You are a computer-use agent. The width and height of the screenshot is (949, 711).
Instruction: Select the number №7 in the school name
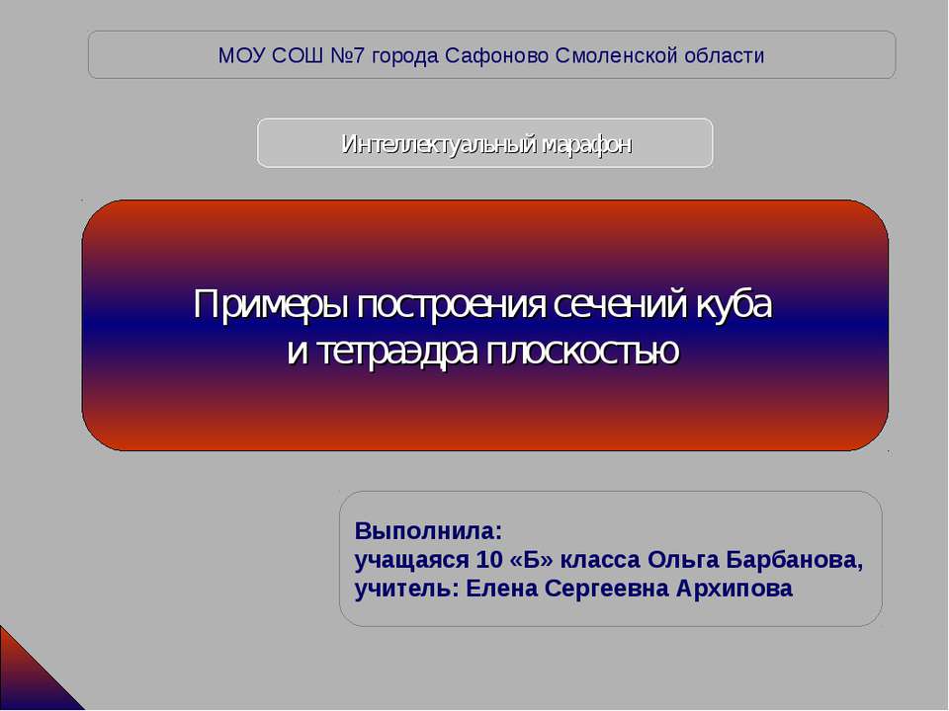coord(344,55)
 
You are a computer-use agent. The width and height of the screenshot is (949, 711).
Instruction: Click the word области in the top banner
coord(725,55)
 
